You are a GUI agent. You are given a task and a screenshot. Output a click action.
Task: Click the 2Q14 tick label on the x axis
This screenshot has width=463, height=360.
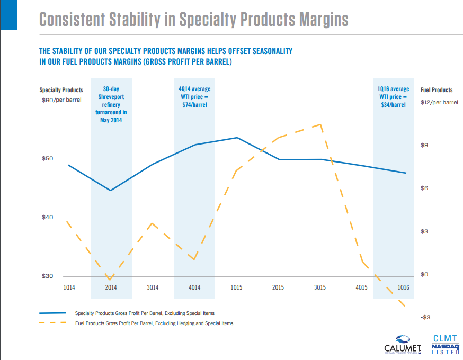click(111, 287)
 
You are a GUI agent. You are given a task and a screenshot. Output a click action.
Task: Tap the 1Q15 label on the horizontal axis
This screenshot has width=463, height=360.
click(237, 287)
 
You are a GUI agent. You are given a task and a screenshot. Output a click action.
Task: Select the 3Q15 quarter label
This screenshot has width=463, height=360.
click(319, 287)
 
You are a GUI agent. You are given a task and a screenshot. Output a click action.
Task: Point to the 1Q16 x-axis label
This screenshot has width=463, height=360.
click(404, 287)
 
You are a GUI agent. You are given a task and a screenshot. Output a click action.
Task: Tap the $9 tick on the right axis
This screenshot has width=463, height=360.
click(424, 145)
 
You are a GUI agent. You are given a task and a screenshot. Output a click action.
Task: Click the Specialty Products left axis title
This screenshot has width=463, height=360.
click(61, 90)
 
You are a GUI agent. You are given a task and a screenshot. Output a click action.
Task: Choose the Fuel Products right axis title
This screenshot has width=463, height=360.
click(437, 90)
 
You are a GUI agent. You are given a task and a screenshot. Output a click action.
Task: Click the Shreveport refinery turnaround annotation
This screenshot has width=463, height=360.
click(111, 104)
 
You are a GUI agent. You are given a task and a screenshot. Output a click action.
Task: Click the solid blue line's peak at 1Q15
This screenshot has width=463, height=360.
click(237, 138)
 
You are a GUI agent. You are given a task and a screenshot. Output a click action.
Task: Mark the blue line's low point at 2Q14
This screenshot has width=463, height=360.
click(111, 190)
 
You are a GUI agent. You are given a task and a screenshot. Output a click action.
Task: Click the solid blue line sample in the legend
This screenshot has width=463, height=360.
click(53, 313)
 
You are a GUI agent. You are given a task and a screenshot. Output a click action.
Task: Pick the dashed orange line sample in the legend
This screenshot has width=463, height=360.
click(53, 323)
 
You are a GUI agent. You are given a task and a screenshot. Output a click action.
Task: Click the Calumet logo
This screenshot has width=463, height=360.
click(402, 344)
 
